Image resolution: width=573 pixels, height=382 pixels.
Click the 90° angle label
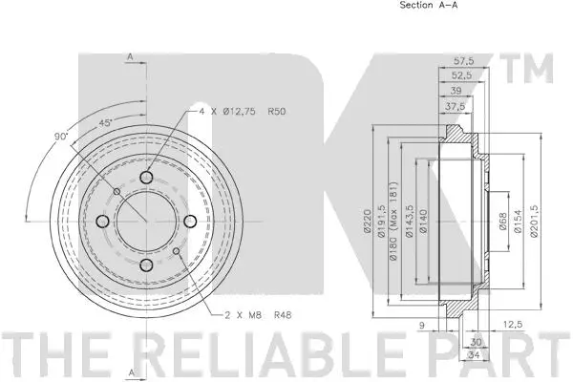[62, 137]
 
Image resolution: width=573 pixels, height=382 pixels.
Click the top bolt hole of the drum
[146, 178]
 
